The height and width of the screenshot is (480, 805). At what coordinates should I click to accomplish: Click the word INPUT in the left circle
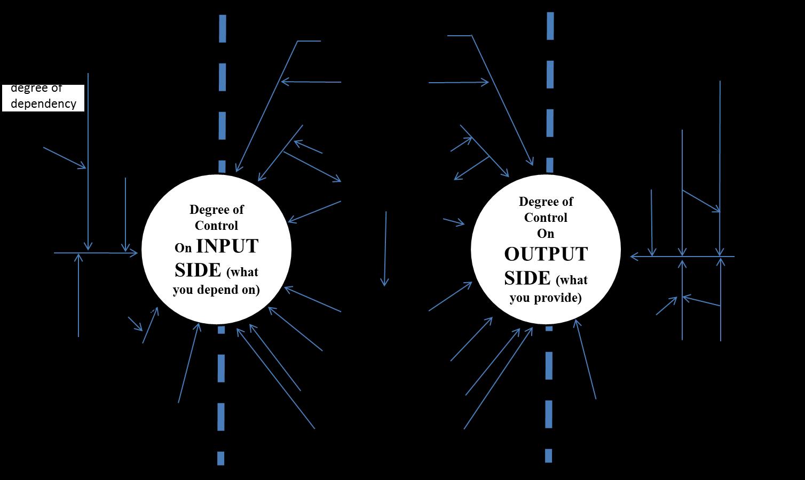coord(227,246)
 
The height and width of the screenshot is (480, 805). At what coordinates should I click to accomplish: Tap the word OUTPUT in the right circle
coord(546,254)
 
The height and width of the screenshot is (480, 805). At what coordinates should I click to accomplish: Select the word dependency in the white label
coord(43,103)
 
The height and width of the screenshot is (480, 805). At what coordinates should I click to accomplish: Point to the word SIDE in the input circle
coord(198,270)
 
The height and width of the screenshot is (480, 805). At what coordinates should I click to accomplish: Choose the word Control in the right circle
coord(546,218)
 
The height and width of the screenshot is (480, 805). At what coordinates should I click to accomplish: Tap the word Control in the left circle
coord(216,225)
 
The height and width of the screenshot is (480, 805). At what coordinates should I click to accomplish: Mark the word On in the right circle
coord(546,234)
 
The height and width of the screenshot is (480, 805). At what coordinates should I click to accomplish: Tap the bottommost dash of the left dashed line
coord(220,458)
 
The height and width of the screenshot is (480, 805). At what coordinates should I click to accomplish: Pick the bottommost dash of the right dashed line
coord(548,455)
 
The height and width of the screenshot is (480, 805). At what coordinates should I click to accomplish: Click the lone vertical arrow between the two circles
coord(385,249)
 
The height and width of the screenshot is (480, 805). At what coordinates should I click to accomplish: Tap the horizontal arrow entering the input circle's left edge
coord(96,253)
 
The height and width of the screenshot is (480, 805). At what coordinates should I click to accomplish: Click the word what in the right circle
coord(572,281)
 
